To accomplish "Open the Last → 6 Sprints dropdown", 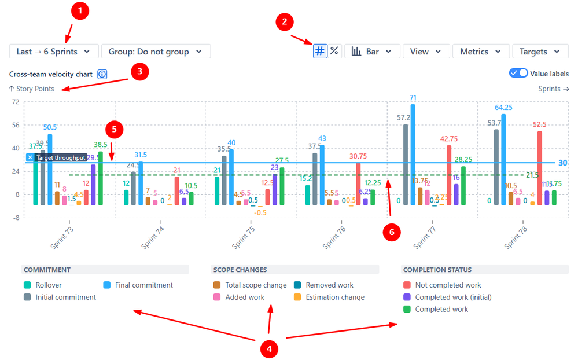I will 54,52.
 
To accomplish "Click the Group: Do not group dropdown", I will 156,52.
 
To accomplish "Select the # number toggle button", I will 320,51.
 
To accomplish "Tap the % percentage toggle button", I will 334,51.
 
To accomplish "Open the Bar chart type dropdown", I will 372,52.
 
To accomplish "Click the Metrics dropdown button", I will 481,52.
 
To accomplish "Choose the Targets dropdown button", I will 540,52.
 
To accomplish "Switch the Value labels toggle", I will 518,74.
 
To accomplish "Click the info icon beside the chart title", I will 102,74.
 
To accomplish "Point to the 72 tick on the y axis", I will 16,102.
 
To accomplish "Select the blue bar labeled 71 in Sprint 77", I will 413,154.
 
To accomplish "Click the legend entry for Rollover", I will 49,285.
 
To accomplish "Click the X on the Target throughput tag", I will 30,157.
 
